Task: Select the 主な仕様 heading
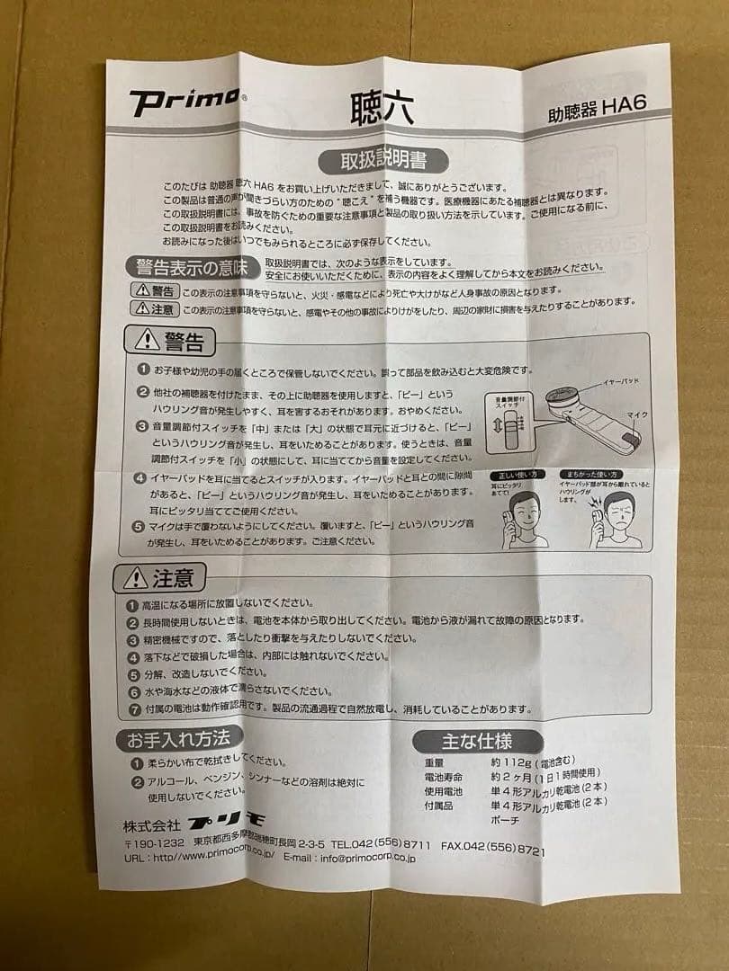[x=478, y=742]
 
